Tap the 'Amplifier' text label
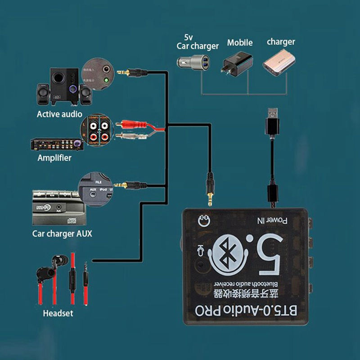54,158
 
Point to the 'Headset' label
58,313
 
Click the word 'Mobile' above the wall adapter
239,43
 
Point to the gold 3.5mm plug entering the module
209,189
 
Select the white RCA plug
128,135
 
